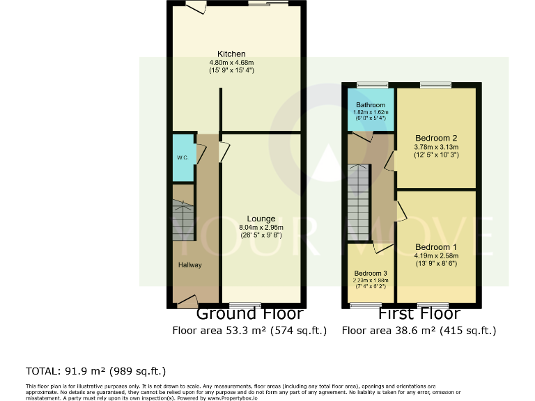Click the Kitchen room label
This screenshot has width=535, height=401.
(231, 54)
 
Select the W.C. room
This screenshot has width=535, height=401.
(183, 158)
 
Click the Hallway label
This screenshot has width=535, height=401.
(189, 265)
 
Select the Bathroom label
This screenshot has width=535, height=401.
(371, 105)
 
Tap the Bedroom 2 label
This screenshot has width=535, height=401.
(435, 137)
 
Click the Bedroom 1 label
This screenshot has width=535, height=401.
(436, 247)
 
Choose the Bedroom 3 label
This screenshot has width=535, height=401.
(370, 273)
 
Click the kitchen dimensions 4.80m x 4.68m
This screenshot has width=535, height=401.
(231, 63)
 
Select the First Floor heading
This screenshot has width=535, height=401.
(419, 314)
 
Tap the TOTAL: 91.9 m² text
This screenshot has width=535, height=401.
(96, 370)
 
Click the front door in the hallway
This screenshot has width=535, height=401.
(186, 302)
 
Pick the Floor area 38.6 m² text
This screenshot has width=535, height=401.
(419, 331)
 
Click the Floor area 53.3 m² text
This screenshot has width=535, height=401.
(249, 331)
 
